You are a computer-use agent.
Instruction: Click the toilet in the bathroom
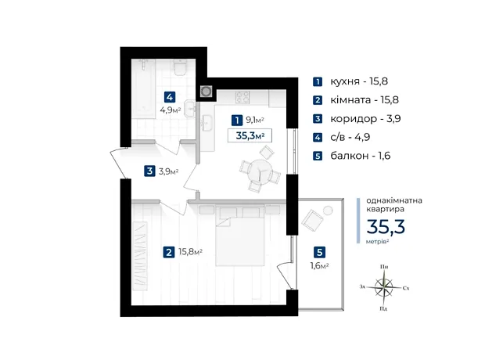[180, 67]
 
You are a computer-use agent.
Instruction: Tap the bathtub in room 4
[143, 88]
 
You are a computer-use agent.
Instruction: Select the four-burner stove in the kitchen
[242, 97]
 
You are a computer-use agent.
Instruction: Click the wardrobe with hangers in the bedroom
[140, 256]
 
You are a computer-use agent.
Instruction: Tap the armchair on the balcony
[312, 220]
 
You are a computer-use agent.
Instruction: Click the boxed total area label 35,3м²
[250, 135]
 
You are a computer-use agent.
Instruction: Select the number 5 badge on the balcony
[319, 252]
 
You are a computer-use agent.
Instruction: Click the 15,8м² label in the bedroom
[191, 252]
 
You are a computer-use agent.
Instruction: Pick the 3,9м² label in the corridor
[168, 171]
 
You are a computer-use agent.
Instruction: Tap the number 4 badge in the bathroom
[170, 97]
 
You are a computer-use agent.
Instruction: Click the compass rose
[384, 286]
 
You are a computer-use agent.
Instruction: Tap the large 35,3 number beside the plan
[386, 227]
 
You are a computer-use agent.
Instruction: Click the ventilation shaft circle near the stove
[206, 92]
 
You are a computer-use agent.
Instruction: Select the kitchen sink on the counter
[207, 123]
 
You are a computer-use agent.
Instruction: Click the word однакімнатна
[394, 200]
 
